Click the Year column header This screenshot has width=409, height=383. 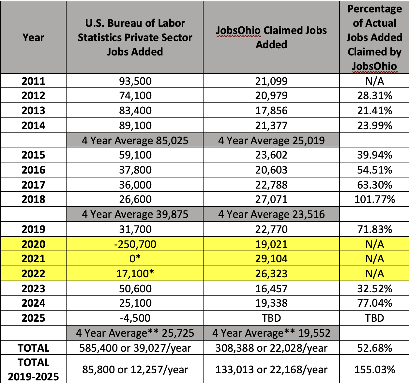click(33, 38)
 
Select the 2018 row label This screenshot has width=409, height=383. click(33, 199)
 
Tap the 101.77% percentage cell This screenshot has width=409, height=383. click(374, 199)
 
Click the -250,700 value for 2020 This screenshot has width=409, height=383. click(135, 244)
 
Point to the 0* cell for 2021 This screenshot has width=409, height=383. click(135, 259)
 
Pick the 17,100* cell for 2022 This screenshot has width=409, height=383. click(135, 273)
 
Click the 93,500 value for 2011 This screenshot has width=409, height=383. click(135, 81)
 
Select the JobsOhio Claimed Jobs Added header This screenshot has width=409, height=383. click(271, 38)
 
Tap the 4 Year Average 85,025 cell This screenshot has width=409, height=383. click(135, 140)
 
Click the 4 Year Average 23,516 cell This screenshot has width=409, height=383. click(271, 214)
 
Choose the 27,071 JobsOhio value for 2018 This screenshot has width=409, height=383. click(271, 199)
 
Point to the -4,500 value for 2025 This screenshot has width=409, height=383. click(135, 318)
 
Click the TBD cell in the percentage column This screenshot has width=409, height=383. click(374, 318)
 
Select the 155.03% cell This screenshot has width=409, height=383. click(374, 369)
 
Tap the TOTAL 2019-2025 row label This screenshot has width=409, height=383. click(33, 369)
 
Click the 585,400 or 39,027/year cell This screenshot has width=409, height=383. click(135, 348)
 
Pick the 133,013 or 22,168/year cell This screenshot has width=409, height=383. click(271, 369)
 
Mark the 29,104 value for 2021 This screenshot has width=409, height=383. click(271, 259)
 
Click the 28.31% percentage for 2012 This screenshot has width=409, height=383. click(374, 96)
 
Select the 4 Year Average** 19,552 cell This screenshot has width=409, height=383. click(271, 333)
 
